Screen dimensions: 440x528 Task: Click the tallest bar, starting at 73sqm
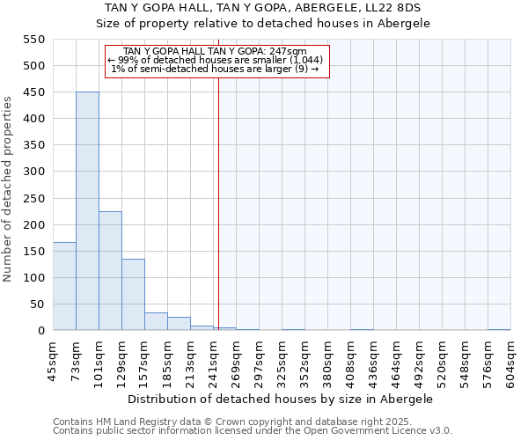click(87, 211)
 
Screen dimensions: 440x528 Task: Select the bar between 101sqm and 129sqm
click(110, 271)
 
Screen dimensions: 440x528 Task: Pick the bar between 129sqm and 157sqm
click(133, 295)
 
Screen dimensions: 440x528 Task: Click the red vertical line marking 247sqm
click(218, 194)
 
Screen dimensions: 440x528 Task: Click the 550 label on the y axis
click(33, 40)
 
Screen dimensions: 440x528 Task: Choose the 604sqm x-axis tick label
click(511, 361)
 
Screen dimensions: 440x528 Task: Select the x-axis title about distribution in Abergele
click(281, 399)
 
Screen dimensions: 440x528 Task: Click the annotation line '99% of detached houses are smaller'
click(216, 60)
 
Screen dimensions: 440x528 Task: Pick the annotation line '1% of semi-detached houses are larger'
click(216, 69)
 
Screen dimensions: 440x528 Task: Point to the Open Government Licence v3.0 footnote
click(253, 431)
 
